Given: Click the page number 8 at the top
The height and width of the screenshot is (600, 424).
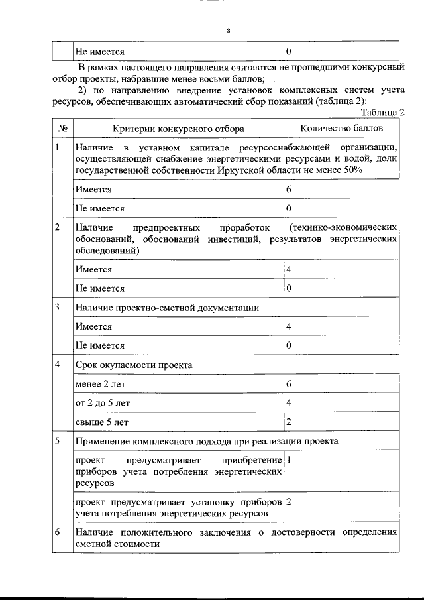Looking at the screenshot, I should (227, 30).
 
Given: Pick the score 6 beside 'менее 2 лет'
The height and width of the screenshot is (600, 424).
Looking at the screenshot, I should (289, 384).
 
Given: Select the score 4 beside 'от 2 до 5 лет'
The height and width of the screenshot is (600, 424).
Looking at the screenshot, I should (289, 402).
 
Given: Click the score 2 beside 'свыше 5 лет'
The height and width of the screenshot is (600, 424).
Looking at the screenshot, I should (289, 421).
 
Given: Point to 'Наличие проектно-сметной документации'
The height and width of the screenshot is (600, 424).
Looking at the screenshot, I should (166, 308).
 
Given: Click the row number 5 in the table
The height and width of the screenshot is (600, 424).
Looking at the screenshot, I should (58, 440).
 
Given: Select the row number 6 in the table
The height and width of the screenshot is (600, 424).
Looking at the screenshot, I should (58, 532).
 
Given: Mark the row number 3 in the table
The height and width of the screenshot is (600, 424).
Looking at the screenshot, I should (58, 308).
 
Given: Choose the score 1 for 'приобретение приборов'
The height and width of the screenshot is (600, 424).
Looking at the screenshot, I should (290, 459).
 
